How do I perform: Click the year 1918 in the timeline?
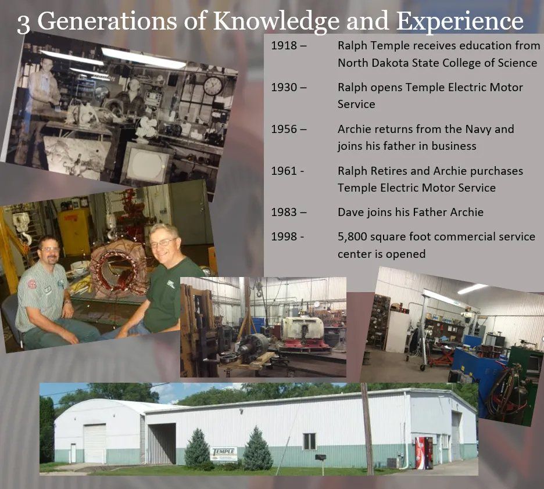(x=285, y=45)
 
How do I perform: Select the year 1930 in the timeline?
(x=285, y=87)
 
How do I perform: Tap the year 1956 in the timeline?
(x=285, y=129)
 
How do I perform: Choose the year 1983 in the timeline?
(x=285, y=212)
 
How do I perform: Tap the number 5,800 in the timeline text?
(x=355, y=237)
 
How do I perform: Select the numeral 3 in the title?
(x=23, y=23)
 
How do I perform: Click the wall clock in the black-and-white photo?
(x=213, y=85)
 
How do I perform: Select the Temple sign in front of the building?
(x=224, y=453)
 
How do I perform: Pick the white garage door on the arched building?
(x=95, y=443)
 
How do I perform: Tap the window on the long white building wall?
(x=309, y=441)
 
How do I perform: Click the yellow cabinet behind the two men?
(x=74, y=231)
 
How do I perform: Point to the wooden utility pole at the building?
(x=367, y=430)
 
